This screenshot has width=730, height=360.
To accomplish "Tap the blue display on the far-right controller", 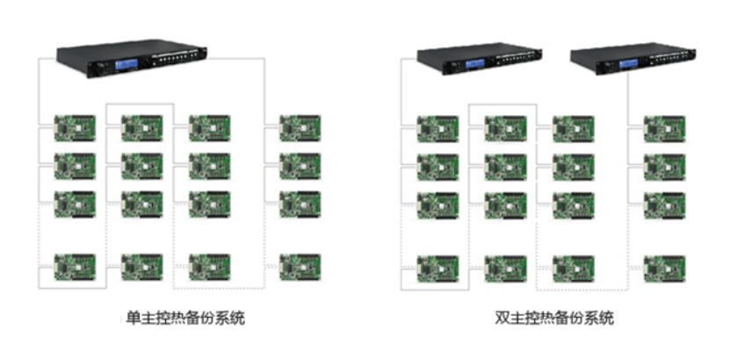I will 629,64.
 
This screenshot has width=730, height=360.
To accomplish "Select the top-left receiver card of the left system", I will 76,127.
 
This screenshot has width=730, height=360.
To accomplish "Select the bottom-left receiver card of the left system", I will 76,265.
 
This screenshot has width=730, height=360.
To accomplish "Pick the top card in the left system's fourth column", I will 300,127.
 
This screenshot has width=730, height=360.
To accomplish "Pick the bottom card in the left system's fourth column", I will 300,265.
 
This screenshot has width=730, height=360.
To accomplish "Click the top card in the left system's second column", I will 141,127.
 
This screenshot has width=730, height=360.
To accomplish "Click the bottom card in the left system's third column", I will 210,265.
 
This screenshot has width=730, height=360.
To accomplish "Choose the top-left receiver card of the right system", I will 437,127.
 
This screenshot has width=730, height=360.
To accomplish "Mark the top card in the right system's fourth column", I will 664,127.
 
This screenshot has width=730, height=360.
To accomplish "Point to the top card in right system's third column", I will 573,127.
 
